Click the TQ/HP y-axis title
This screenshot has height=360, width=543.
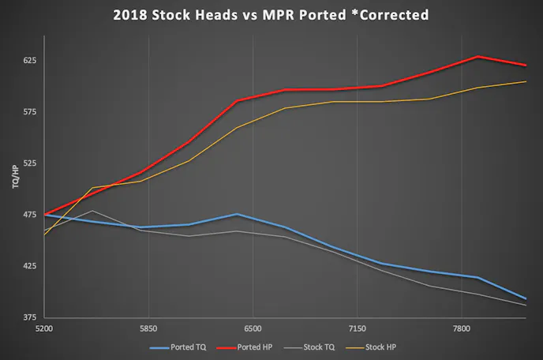pyautogui.click(x=13, y=178)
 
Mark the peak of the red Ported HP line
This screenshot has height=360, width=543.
pyautogui.click(x=478, y=57)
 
